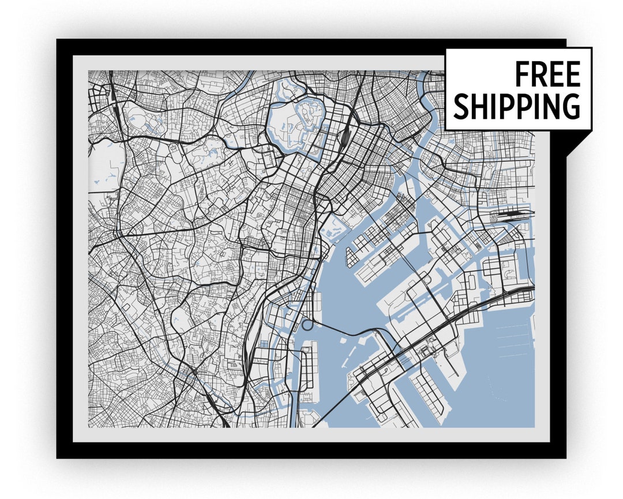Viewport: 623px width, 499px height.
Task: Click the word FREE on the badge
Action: coord(547,74)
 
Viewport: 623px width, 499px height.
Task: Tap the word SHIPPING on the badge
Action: coord(516,106)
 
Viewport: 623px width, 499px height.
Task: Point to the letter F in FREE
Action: coord(521,74)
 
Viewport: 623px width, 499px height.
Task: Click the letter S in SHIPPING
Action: coord(461,107)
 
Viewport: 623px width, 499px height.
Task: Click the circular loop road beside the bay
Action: coord(307,324)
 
